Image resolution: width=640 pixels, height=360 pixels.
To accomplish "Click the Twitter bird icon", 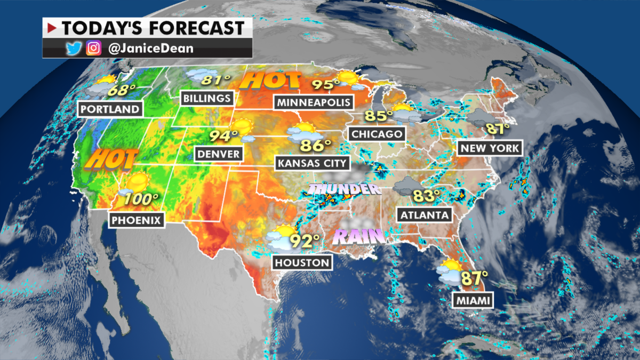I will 73,49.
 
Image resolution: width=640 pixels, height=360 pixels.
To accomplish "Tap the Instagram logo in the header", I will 94,49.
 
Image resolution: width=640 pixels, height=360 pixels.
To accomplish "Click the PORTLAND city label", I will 111,109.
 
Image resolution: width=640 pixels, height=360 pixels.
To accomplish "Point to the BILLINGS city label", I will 207,98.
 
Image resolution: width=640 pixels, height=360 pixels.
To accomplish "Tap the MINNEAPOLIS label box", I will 313,102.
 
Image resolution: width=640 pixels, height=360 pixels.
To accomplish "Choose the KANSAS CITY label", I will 311,163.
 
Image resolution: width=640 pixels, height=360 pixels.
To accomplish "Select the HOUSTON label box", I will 301,262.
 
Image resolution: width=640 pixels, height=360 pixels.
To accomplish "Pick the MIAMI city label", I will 473,301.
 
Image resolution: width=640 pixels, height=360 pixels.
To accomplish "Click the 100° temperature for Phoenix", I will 141,200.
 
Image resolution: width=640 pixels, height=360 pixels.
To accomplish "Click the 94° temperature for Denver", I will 223,136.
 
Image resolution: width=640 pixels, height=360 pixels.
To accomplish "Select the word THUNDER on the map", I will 344,189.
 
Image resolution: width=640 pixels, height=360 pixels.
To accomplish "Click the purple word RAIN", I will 358,236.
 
